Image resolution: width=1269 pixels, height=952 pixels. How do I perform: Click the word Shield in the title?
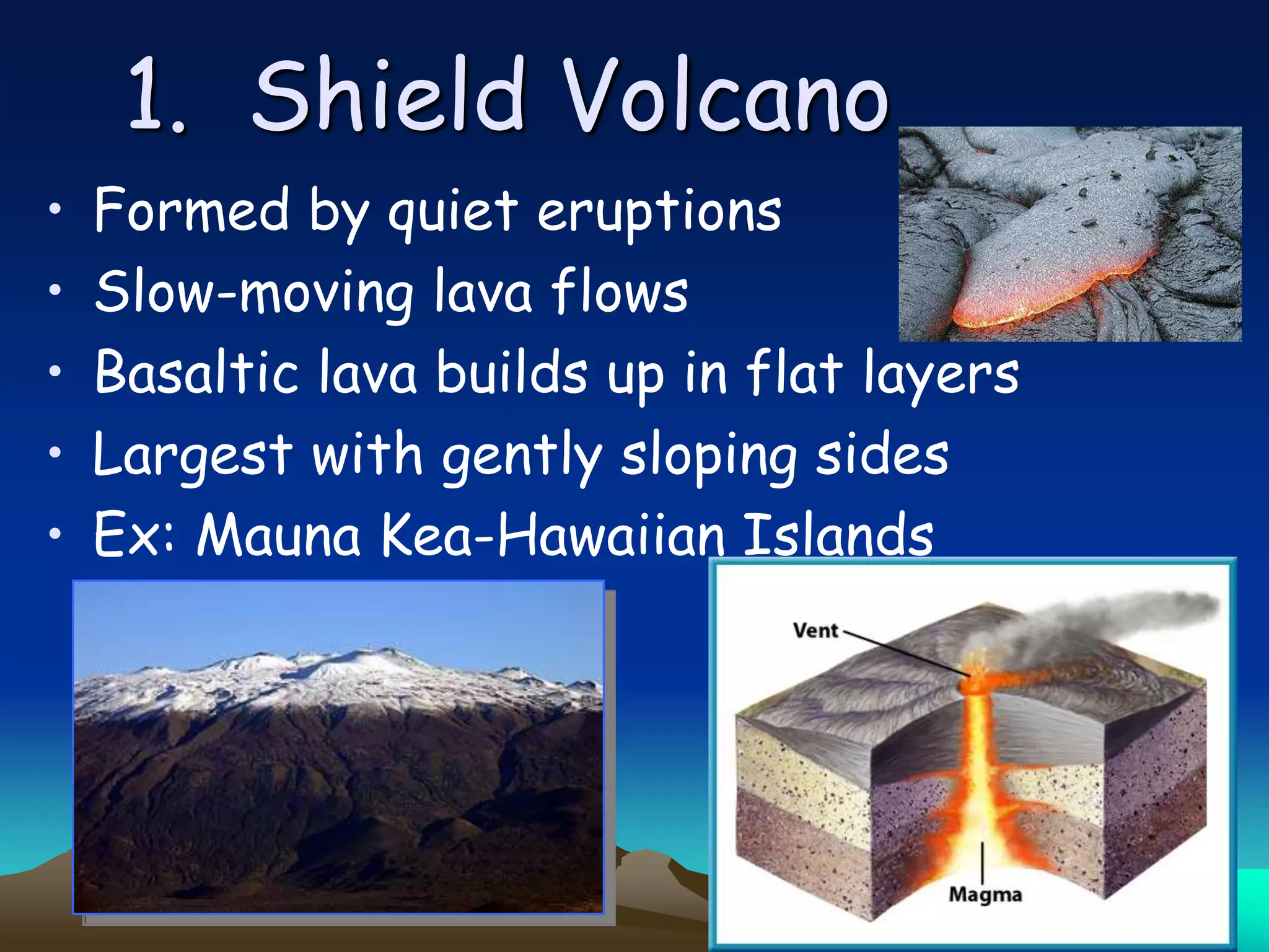(x=389, y=96)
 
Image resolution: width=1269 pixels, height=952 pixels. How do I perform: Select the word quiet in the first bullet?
(x=452, y=212)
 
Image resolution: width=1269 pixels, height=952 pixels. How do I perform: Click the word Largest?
(x=192, y=456)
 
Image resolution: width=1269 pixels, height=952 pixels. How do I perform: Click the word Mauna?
(x=278, y=534)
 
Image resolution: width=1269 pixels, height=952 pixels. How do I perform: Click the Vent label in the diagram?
(x=815, y=631)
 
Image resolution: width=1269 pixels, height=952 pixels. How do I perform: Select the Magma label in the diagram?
(x=985, y=894)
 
